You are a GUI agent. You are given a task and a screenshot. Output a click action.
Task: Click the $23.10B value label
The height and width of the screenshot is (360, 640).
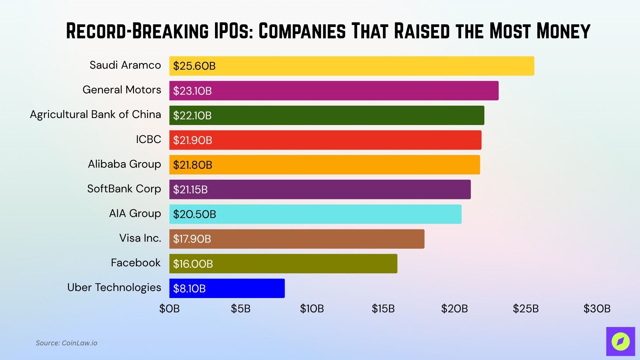pyautogui.click(x=192, y=91)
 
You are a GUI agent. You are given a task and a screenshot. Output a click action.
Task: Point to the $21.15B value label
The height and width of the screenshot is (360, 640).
pyautogui.click(x=190, y=190)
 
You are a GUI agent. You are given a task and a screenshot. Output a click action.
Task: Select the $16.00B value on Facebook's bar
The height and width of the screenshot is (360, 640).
pyautogui.click(x=193, y=264)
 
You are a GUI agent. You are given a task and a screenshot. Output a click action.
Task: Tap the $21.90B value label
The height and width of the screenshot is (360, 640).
pyautogui.click(x=192, y=140)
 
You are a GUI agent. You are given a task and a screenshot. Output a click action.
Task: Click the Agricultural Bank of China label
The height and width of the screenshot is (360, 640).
pyautogui.click(x=95, y=114)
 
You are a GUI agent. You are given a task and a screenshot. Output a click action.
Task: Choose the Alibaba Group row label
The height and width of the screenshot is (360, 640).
pyautogui.click(x=124, y=164)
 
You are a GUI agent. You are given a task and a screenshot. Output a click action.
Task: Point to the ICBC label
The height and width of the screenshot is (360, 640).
pyautogui.click(x=148, y=139)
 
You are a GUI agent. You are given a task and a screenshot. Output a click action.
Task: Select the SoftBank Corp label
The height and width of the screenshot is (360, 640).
pyautogui.click(x=124, y=189)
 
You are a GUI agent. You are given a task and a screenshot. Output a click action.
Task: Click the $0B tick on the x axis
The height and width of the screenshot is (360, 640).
pyautogui.click(x=169, y=309)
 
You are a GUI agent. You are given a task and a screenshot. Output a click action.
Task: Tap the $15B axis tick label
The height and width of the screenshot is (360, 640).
pyautogui.click(x=383, y=309)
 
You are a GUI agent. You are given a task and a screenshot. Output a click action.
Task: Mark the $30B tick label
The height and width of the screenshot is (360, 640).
pyautogui.click(x=597, y=309)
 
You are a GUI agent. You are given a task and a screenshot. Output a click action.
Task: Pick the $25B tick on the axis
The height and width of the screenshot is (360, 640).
pyautogui.click(x=526, y=309)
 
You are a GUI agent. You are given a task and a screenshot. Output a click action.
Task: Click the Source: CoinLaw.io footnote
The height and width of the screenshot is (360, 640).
pyautogui.click(x=66, y=343)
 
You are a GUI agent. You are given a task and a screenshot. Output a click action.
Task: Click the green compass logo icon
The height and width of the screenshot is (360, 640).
pyautogui.click(x=620, y=341)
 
